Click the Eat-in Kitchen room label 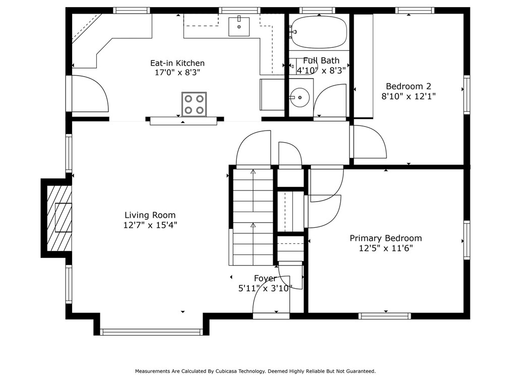click(177, 63)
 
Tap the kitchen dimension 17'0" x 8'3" click(177, 73)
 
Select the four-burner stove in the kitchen click(194, 104)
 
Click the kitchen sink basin click(239, 27)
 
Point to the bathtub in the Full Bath click(319, 32)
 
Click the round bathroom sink click(299, 97)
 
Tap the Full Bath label click(321, 60)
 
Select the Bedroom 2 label click(408, 86)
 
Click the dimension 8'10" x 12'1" click(408, 96)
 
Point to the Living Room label click(150, 215)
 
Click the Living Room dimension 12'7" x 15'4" click(150, 225)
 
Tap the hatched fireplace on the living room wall click(59, 218)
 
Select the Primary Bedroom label click(386, 238)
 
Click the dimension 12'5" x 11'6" click(386, 248)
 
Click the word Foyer click(265, 278)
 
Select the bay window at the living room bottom click(152, 332)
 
